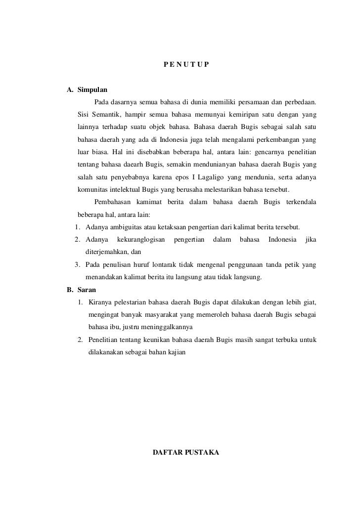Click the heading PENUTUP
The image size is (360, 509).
(x=186, y=65)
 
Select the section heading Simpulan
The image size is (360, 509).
(x=92, y=90)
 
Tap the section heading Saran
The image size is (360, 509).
(x=87, y=290)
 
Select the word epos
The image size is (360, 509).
(x=194, y=177)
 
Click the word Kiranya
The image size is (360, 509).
(x=100, y=302)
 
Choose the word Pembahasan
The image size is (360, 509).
(x=113, y=202)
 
